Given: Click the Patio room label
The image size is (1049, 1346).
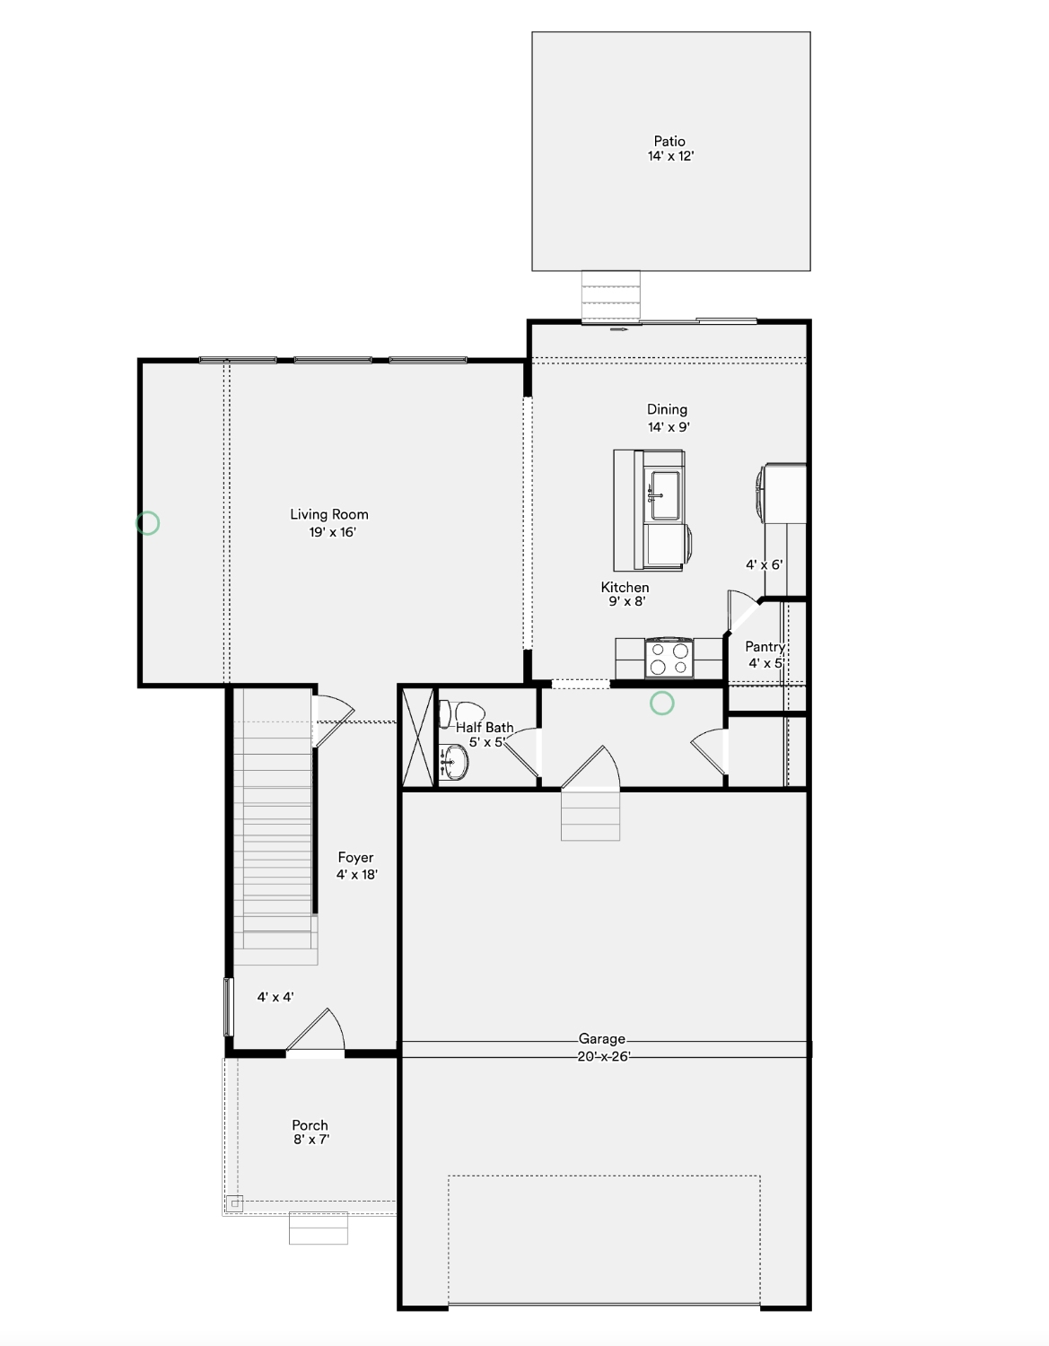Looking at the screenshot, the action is (669, 141).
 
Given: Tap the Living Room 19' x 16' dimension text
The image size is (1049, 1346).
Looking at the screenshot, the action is (333, 532).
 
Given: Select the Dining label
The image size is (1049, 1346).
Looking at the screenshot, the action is (667, 409).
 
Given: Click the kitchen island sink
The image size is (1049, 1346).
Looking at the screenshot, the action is (663, 495).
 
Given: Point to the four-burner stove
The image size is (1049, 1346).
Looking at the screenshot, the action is (669, 658).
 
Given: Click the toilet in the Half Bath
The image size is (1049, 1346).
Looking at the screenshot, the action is (461, 713).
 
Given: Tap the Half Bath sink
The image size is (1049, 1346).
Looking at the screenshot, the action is (454, 762).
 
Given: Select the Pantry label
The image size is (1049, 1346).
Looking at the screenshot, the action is (765, 647).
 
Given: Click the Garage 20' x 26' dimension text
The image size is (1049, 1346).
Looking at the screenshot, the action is (603, 1056).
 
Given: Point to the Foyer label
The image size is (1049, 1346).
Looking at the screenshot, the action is (355, 857).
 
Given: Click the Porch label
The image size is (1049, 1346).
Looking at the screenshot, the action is (310, 1125).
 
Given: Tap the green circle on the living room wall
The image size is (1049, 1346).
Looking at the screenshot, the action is (147, 523).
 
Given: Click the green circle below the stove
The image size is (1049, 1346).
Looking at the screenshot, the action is (662, 703).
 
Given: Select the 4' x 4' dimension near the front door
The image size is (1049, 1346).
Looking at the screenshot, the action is (275, 997).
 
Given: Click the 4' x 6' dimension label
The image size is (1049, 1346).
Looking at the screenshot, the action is (765, 564).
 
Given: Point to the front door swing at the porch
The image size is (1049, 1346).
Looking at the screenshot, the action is (315, 1029).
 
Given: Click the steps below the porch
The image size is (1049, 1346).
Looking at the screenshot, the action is (319, 1228).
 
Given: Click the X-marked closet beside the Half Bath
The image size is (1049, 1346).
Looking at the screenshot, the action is (418, 737).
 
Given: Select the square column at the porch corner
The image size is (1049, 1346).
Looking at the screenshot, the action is (235, 1203).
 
